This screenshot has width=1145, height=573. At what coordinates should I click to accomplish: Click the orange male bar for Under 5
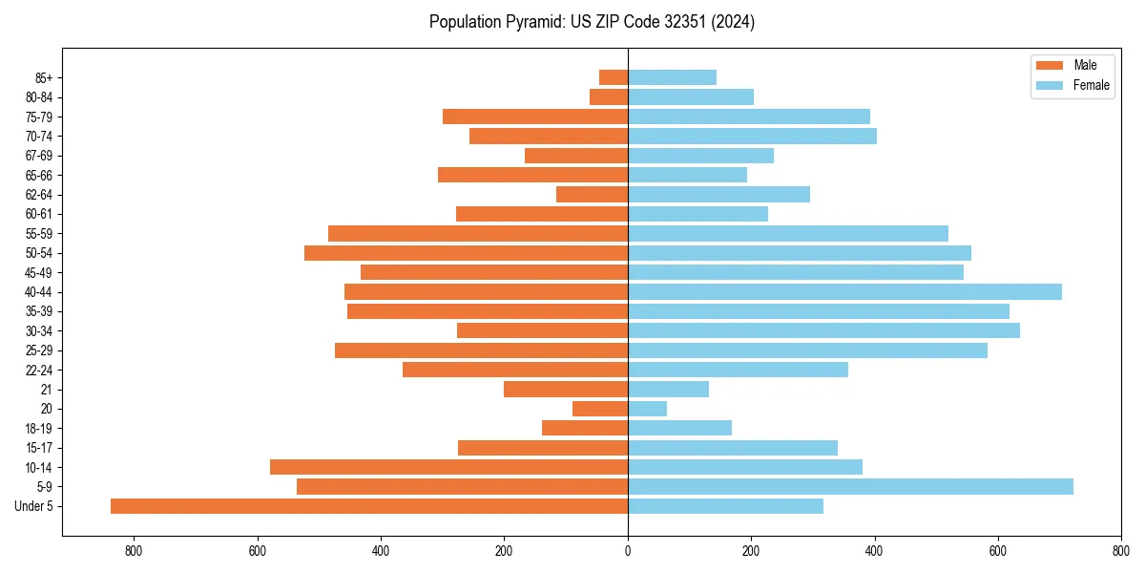pos(369,506)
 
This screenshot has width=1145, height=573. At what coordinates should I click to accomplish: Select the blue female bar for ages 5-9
pos(850,487)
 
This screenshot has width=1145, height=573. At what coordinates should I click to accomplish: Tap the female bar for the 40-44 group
pos(844,292)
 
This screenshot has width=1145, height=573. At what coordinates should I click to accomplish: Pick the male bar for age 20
pos(600,409)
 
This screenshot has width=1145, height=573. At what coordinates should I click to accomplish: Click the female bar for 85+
pos(672,77)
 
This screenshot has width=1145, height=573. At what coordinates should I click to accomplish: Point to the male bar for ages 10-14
pos(448,467)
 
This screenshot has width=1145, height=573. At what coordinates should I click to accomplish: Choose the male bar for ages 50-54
pos(466,253)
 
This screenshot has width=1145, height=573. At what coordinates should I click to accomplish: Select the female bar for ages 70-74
pos(752,137)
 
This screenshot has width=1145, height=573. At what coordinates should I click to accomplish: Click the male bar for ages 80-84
pos(609,97)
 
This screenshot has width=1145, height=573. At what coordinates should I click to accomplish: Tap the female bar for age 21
pos(668,390)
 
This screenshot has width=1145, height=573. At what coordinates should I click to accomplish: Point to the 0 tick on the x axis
pos(628,551)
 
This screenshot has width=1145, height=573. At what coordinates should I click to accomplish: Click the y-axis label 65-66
pos(39,176)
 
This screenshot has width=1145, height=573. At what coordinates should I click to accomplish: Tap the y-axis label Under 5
pos(34,506)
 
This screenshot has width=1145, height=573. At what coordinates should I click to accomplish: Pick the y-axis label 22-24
pos(39,371)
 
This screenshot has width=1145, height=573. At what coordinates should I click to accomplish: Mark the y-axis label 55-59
pos(39,234)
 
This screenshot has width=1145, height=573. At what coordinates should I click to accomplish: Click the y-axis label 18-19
pos(39,429)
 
